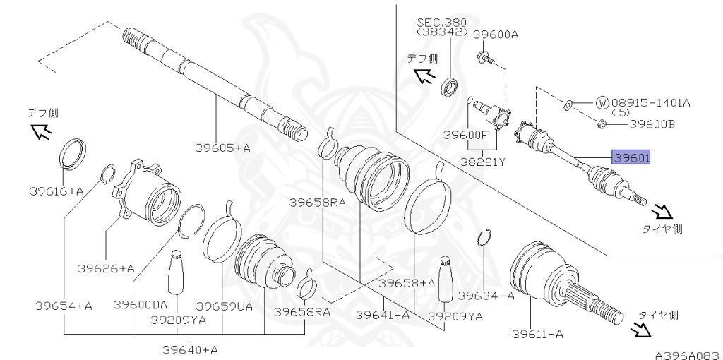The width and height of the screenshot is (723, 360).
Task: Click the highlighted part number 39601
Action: click(x=631, y=158)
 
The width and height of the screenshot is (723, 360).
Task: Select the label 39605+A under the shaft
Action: click(x=222, y=148)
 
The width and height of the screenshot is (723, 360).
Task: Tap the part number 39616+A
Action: click(x=56, y=191)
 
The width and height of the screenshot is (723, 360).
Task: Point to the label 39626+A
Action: click(x=107, y=268)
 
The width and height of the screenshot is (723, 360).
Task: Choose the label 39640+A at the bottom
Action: click(x=191, y=350)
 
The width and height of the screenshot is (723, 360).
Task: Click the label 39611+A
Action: click(x=537, y=334)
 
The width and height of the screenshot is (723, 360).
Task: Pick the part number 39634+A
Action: click(x=487, y=296)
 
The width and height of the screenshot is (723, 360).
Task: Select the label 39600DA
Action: click(x=141, y=305)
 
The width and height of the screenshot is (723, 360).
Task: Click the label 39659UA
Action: click(x=224, y=306)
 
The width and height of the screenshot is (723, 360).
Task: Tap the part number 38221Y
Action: click(x=483, y=162)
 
